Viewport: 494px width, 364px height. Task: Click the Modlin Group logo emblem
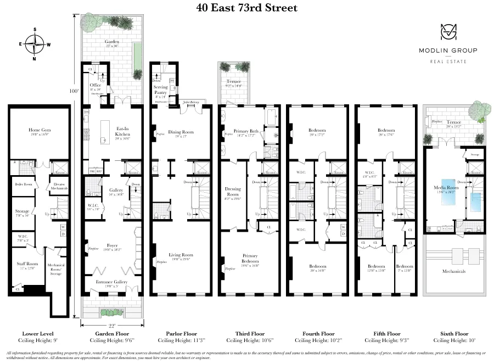tap(448, 33)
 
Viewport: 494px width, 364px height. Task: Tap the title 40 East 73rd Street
tap(247, 8)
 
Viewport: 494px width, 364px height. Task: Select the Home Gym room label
tap(38, 130)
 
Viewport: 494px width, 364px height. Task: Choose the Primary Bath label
tap(245, 131)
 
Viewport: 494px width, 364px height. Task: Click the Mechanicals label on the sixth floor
tap(453, 271)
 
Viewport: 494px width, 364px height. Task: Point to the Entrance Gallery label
tap(111, 282)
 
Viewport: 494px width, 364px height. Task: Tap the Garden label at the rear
tap(112, 42)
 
